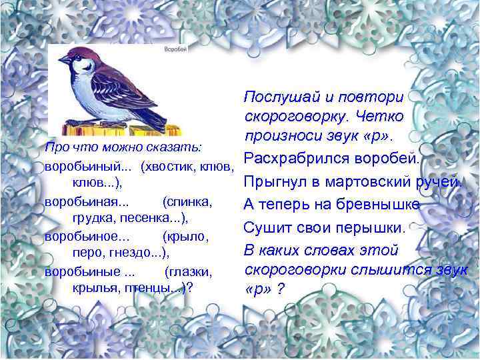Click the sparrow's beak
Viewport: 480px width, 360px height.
coord(61,59)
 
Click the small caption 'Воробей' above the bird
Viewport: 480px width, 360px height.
coord(175,50)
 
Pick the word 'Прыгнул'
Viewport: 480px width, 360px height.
coord(275,182)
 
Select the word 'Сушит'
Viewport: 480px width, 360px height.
coord(264,227)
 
